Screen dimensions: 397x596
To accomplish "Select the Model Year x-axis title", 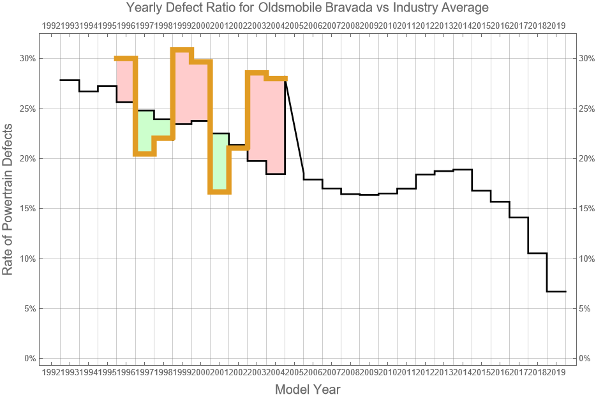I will point(307,389).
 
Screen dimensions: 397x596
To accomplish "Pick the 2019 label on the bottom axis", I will point(556,372).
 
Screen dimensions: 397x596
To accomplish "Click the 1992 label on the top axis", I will point(51,26).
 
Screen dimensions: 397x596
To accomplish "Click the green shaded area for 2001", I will point(220,163).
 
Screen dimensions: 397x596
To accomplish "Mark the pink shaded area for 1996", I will point(125,80).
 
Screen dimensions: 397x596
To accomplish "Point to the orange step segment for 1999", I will point(182,50).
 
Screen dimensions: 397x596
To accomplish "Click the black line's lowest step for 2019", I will point(556,292).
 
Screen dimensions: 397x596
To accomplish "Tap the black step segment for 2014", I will point(463,170).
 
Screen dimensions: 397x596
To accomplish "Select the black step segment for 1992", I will point(70,80).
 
